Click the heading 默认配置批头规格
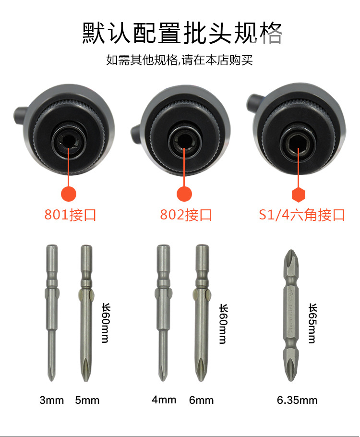pos(182,33)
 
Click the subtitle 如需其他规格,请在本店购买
pos(180,60)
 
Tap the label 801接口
pos(70,215)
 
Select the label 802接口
pos(186,215)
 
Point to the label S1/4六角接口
pos(302,215)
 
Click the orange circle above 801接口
pos(69,194)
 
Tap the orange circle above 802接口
pos(184,194)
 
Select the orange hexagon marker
pos(299,195)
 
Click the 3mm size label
pos(51,400)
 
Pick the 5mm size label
pos(87,400)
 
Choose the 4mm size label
pos(164,400)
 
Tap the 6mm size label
pos(201,400)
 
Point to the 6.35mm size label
pos(297,400)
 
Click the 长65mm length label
pos(312,323)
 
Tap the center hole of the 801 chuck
pos(68,141)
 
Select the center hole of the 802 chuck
pos(184,141)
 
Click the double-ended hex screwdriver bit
pos(291,315)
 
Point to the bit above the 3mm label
pos(52,313)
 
